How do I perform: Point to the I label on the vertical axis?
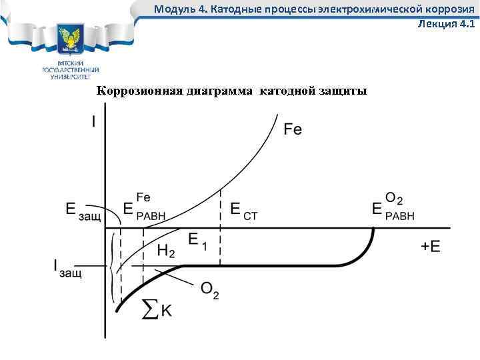[94, 122]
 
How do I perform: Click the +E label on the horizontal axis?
[431, 247]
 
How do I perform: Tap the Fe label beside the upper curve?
[293, 129]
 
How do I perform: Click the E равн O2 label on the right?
[393, 207]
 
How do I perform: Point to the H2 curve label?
[166, 251]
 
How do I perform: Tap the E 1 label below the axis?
[197, 242]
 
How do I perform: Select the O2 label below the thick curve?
[209, 291]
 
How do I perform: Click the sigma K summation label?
[158, 309]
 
